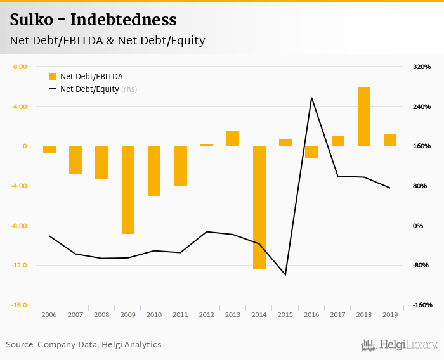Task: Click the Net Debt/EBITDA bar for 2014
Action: [259, 207]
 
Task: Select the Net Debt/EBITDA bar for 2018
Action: [363, 117]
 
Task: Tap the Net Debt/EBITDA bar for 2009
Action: [128, 190]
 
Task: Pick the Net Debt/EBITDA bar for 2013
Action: [233, 138]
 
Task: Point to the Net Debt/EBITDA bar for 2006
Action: [49, 150]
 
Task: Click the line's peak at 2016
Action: [311, 98]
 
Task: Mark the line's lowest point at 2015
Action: [285, 275]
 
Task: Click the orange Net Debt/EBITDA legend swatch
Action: [53, 77]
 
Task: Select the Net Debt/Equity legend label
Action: [89, 89]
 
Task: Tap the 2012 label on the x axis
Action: [207, 315]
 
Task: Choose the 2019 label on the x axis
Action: [389, 315]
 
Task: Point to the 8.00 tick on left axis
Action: [20, 67]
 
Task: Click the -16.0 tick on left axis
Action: [18, 305]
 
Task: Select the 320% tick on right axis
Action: [422, 67]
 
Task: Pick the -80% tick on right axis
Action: [421, 266]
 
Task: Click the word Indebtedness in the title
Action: [124, 20]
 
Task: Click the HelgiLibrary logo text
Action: [408, 345]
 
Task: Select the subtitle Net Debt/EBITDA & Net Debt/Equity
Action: [107, 41]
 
